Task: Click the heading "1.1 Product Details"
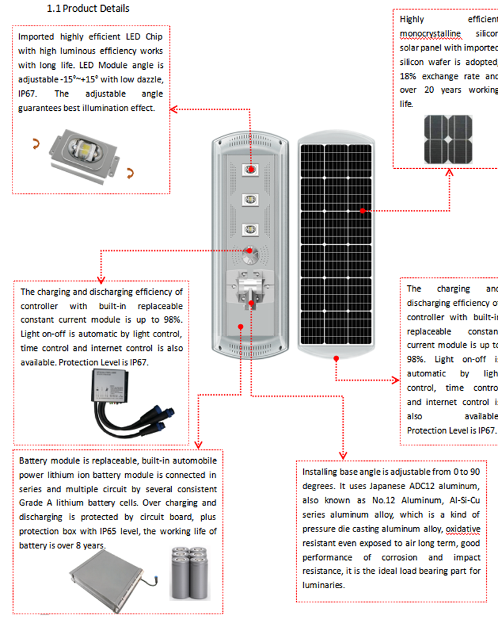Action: click(x=88, y=9)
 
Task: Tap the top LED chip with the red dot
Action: click(x=251, y=169)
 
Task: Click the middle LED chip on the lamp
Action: click(x=251, y=200)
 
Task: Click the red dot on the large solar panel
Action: click(x=363, y=211)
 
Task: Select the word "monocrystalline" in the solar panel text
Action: click(x=430, y=33)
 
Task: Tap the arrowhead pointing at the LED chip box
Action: click(x=174, y=110)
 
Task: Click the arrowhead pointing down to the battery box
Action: click(x=197, y=444)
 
